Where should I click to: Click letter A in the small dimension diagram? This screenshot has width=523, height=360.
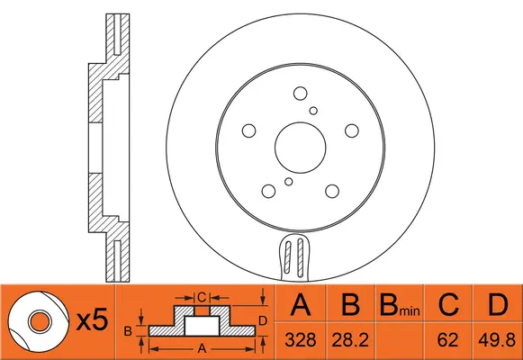[x=202, y=347]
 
